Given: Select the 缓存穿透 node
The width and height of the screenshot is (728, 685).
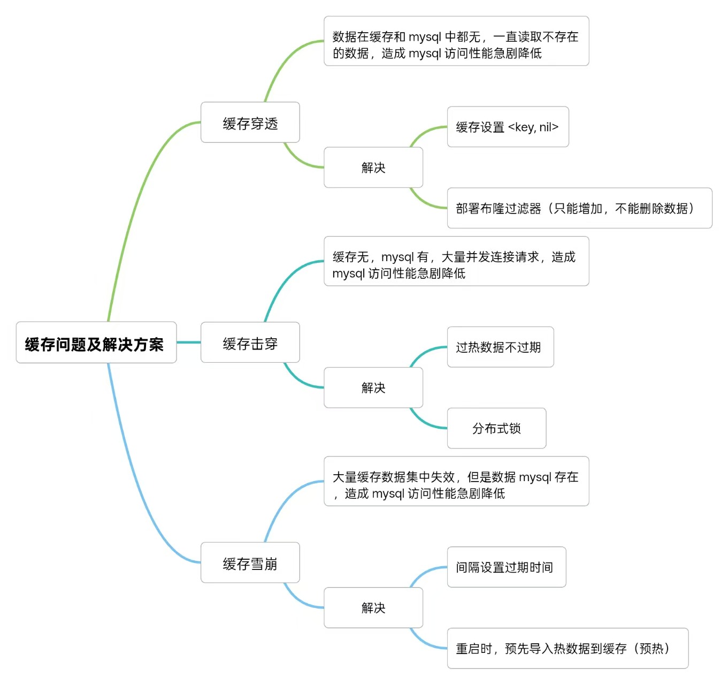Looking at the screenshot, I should click(x=250, y=123).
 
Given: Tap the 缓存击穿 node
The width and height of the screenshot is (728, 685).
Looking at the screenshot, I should click(x=250, y=342).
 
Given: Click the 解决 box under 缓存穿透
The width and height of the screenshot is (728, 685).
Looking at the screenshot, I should click(x=373, y=168).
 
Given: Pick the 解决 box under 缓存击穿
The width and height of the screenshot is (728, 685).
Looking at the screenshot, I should click(x=373, y=387).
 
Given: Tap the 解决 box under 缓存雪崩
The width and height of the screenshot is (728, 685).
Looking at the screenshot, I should click(x=373, y=607).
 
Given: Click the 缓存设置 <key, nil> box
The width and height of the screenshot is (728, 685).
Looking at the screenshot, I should click(x=508, y=127).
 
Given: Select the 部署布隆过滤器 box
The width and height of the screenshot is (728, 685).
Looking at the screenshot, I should click(x=579, y=208).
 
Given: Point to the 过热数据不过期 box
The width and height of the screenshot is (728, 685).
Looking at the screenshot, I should click(x=500, y=347).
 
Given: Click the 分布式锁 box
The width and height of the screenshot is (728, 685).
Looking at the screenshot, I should click(x=496, y=428).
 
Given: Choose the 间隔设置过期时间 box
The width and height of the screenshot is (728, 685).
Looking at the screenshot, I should click(x=506, y=567).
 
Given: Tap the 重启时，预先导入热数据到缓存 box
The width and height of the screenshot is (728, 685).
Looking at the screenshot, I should click(x=568, y=648).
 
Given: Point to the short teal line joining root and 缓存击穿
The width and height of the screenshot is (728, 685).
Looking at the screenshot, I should click(x=188, y=342).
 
